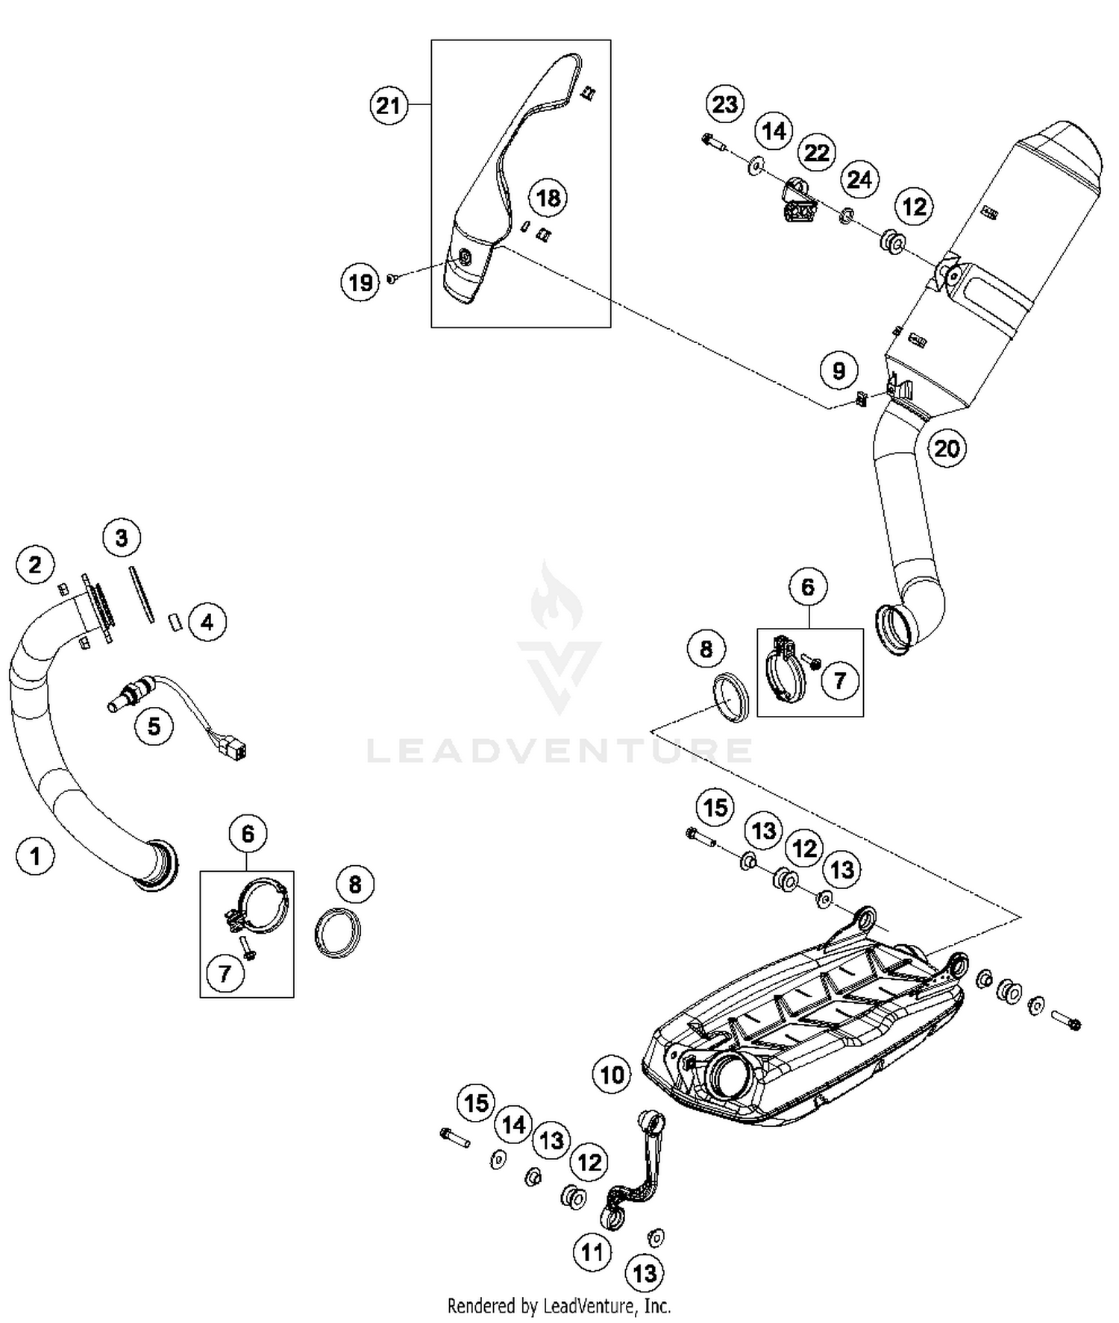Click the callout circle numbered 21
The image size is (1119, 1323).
389,106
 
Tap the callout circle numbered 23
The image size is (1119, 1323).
724,104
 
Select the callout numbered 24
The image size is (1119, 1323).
859,180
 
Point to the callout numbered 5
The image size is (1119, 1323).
154,726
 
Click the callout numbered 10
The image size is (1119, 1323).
612,1075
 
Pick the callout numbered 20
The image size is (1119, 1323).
947,448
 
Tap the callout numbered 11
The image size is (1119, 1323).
592,1251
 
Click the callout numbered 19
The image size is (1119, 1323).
361,283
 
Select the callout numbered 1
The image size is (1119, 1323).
35,856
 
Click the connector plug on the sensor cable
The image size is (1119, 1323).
238,750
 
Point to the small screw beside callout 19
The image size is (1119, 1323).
391,279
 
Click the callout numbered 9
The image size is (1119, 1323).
839,371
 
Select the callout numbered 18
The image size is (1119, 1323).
548,198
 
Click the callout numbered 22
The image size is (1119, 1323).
817,153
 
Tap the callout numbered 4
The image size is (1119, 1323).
207,622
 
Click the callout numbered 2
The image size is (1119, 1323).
35,565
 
